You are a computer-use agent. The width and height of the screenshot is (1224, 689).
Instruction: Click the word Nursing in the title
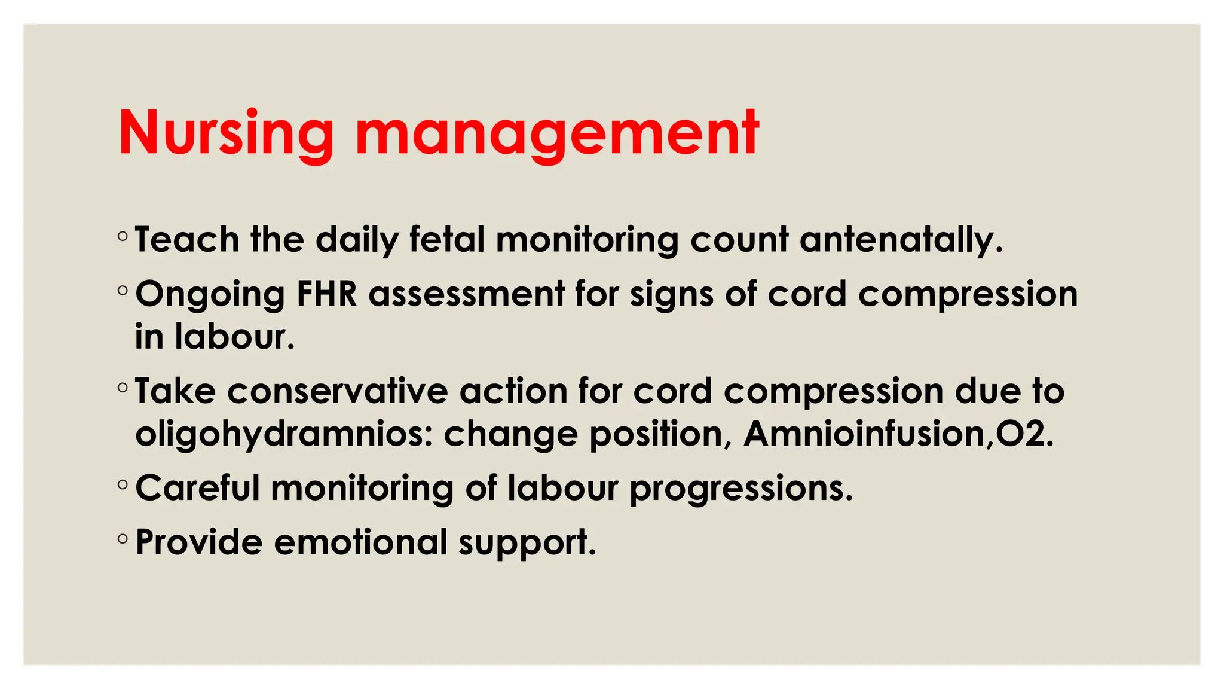click(226, 133)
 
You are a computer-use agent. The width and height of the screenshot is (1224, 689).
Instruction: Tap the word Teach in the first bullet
click(187, 240)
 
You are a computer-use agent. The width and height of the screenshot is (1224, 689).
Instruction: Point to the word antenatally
click(901, 240)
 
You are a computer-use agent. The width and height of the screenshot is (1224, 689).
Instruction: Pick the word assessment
click(466, 294)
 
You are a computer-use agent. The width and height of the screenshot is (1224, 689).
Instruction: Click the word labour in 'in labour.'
click(235, 337)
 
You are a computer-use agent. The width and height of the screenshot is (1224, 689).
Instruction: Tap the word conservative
click(338, 391)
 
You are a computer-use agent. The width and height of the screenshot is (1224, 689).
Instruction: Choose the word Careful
click(198, 488)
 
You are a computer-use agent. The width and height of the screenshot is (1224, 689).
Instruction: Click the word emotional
click(360, 542)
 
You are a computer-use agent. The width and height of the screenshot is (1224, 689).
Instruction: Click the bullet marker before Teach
click(123, 237)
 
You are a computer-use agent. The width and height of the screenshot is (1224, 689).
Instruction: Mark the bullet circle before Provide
click(123, 539)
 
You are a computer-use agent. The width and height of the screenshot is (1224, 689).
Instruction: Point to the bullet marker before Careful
click(123, 484)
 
